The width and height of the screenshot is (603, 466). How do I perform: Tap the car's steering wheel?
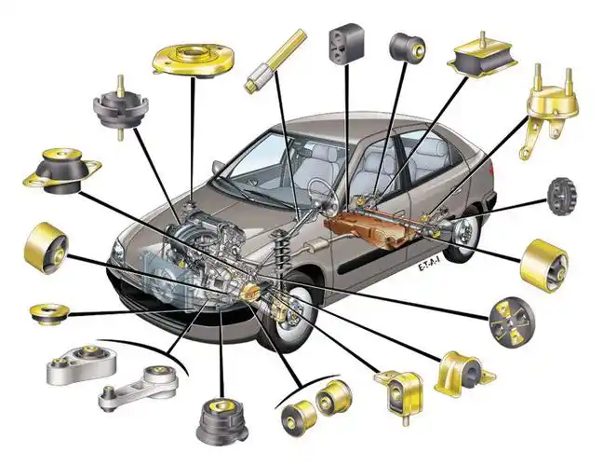click(x=324, y=196)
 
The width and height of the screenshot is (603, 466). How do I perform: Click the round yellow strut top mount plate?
click(x=193, y=60)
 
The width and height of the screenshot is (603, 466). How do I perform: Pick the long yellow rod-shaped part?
click(x=275, y=62)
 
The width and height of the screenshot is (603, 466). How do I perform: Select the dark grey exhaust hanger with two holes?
click(x=346, y=44)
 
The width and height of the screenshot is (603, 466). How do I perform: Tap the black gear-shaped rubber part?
click(x=563, y=197)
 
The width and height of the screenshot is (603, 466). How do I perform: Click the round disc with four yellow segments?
click(x=512, y=322)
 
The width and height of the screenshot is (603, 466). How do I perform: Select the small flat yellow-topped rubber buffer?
click(x=49, y=314)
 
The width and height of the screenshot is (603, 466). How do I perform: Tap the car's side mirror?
click(x=219, y=167)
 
